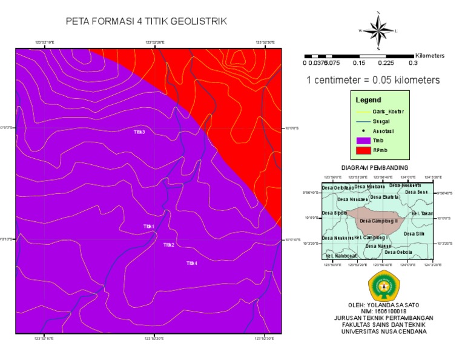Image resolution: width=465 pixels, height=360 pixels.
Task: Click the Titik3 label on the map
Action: pos(139,132)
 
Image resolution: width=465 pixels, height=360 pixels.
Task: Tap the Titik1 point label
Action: pos(148,226)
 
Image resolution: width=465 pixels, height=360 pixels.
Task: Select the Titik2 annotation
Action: pos(168,245)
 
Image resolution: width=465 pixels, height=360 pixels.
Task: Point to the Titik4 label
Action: pos(192,263)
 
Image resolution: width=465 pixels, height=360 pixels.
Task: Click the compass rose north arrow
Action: pos(378,30)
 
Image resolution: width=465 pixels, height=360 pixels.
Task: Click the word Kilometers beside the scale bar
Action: pos(430,55)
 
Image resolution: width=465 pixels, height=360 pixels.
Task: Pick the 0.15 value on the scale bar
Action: pos(359,62)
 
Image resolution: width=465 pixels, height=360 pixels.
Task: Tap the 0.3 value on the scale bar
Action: pos(413,62)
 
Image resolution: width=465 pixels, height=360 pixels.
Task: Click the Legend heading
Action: pos(369,99)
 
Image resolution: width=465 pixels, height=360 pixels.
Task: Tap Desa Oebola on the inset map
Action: pos(398,252)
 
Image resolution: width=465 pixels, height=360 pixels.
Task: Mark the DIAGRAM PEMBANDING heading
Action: pos(375,167)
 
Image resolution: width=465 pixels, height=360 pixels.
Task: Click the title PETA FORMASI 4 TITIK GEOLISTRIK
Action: pos(147,22)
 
